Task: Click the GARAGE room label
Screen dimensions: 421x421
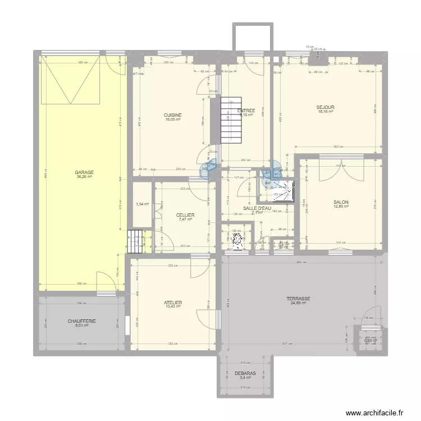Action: pyautogui.click(x=85, y=172)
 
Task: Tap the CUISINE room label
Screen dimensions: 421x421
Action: pyautogui.click(x=172, y=115)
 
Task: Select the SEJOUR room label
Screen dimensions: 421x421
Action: pyautogui.click(x=325, y=107)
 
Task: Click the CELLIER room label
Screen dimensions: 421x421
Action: pyautogui.click(x=185, y=215)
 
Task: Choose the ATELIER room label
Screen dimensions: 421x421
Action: pyautogui.click(x=173, y=303)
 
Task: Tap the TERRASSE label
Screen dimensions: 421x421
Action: pyautogui.click(x=298, y=299)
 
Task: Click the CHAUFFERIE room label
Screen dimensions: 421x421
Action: pyautogui.click(x=82, y=321)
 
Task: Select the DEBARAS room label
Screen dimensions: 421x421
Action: pyautogui.click(x=246, y=373)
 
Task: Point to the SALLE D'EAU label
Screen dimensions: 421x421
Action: pyautogui.click(x=257, y=208)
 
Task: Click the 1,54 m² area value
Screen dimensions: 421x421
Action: pyautogui.click(x=143, y=204)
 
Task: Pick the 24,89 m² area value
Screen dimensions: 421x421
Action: pyautogui.click(x=298, y=303)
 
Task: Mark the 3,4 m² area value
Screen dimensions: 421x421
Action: pyautogui.click(x=246, y=377)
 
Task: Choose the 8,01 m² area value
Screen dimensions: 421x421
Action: pyautogui.click(x=82, y=326)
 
